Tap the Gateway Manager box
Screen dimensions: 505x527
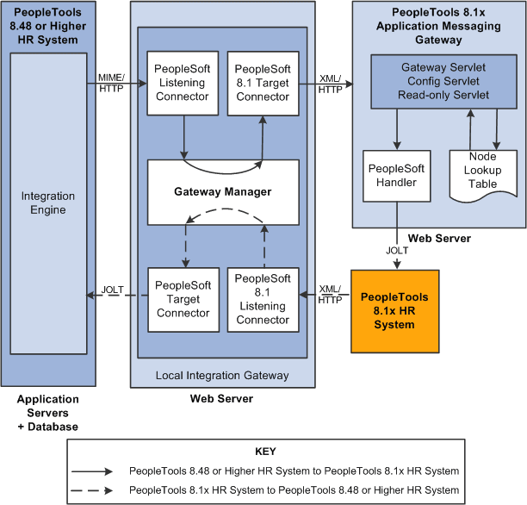[223, 192]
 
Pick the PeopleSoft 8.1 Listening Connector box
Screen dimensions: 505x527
[262, 299]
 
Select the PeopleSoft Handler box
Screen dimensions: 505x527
[396, 176]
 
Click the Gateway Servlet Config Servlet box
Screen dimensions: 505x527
[443, 82]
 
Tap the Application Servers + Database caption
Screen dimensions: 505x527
[47, 413]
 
